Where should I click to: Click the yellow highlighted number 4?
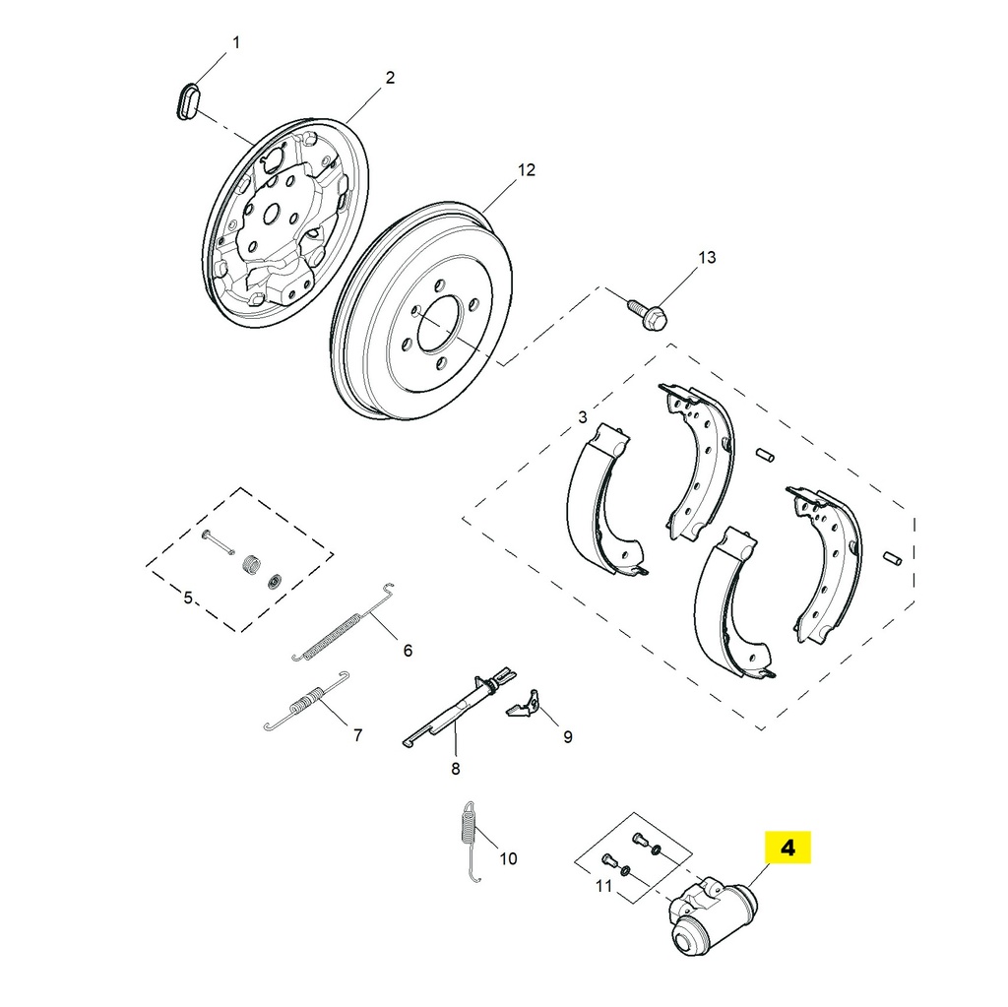pos(787,847)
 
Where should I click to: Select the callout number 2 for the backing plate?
pos(390,78)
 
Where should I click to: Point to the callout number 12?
pos(527,170)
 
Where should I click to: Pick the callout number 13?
pos(707,258)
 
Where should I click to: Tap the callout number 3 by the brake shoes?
pos(583,417)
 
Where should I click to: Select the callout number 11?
pos(603,886)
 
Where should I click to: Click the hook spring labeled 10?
pos(471,837)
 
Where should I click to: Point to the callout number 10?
pos(507,858)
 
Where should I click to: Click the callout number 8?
pos(455,769)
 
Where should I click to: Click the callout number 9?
pos(567,736)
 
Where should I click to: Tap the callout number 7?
pos(357,734)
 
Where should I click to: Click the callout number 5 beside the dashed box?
pos(188,596)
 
